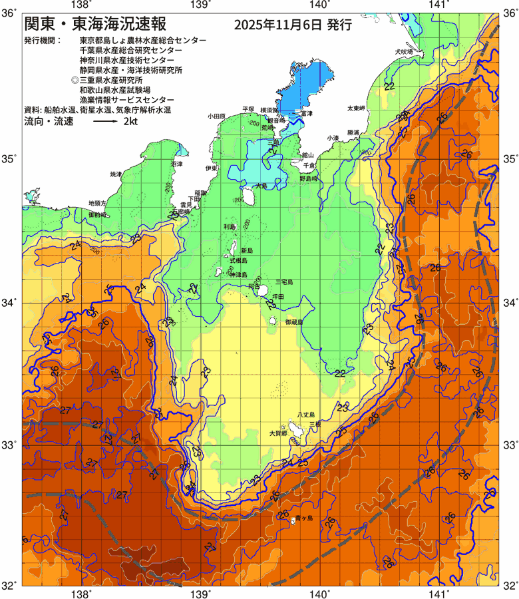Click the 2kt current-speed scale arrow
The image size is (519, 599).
click(105, 123)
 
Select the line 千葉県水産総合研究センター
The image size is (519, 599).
click(130, 51)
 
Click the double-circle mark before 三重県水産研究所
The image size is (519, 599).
click(75, 80)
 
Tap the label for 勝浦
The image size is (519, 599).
click(353, 133)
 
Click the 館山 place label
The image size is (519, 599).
click(307, 154)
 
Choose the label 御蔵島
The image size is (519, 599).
click(293, 321)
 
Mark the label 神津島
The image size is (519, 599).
click(238, 274)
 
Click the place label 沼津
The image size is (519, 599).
click(176, 163)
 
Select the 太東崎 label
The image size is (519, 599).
click(356, 108)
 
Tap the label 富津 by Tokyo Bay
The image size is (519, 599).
click(307, 114)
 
